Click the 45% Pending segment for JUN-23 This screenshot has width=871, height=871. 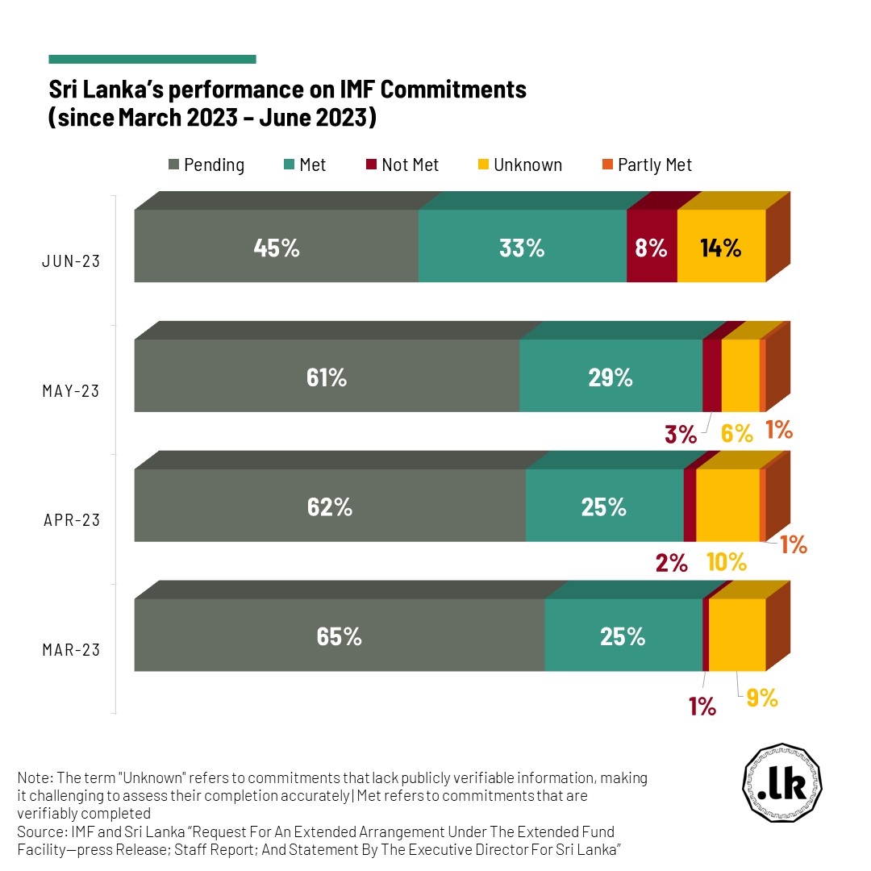[x=276, y=246]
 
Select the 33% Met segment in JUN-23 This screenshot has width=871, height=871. [x=522, y=246]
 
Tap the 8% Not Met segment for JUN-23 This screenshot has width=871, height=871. [x=652, y=246]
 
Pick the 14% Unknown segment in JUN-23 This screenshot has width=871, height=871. [x=721, y=246]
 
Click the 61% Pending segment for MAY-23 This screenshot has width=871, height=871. [x=327, y=376]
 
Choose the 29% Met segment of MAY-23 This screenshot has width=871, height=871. [x=611, y=376]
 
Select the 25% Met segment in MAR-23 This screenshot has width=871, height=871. [x=623, y=636]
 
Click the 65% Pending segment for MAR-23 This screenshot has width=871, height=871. [x=339, y=636]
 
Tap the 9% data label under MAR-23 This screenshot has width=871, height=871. [x=762, y=698]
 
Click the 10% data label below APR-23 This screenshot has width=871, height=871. [x=727, y=563]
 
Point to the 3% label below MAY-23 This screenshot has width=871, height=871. [x=681, y=435]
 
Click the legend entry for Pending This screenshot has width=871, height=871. [x=206, y=165]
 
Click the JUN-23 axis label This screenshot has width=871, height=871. [x=72, y=261]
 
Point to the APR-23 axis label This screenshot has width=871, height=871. [x=72, y=520]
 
